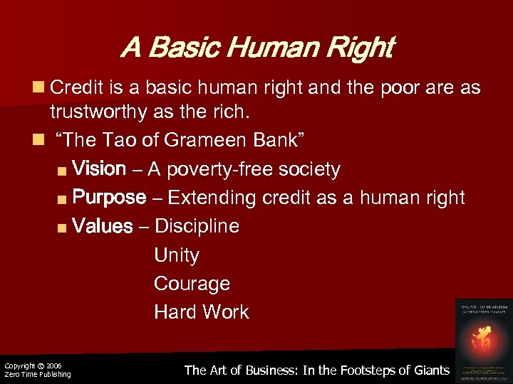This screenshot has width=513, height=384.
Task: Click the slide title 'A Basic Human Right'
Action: point(256,48)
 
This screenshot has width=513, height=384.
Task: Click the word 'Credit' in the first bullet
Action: point(78,88)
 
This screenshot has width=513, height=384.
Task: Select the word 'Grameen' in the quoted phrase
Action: point(200,140)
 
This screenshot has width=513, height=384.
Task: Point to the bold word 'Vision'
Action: point(99,169)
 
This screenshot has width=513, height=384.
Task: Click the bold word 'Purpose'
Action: point(109,197)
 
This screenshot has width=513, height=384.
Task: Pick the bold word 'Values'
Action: point(103,226)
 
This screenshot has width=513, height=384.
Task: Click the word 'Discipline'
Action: point(197,226)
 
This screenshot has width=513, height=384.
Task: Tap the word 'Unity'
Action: point(177,255)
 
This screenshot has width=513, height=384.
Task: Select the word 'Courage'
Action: point(192,283)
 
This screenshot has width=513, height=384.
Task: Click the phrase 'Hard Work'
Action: point(202,311)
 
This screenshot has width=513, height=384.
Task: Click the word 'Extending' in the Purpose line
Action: point(212,197)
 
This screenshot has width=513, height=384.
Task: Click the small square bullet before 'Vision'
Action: point(63,171)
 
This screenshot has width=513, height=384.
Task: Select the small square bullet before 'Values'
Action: point(63,228)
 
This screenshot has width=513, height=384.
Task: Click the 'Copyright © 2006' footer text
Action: point(33,366)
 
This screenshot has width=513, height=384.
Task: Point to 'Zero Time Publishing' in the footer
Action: point(38,375)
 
